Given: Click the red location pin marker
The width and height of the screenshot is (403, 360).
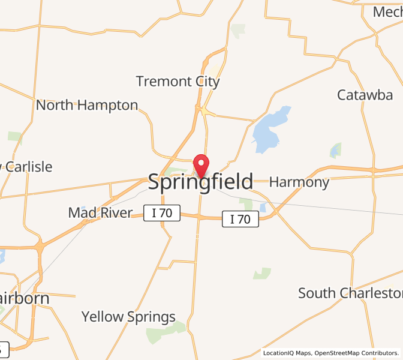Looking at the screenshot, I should tap(201, 164).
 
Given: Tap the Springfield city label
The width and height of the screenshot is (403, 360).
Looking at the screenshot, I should tap(200, 182).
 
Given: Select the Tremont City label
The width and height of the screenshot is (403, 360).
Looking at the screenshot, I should tap(178, 81).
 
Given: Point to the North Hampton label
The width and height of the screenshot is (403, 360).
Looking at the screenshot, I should tap(87, 105).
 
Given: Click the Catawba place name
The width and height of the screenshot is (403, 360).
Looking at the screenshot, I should tap(365, 95).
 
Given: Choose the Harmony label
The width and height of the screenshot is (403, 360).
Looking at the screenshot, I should tap(299, 182).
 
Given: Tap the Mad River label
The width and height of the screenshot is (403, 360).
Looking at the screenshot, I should tap(100, 212).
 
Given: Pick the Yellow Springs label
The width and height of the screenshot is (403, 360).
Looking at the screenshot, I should tap(128, 316).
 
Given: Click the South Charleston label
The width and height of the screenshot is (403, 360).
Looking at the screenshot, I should tap(350, 293).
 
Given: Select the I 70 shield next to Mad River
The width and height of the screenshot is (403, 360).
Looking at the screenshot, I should tap(162, 212).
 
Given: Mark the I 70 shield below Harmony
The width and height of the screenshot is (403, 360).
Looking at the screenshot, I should tap(240, 219).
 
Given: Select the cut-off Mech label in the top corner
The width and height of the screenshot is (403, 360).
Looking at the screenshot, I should tap(387, 12).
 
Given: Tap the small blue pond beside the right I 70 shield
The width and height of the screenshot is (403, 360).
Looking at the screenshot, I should tap(263, 208).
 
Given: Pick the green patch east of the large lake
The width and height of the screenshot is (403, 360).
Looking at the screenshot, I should tap(336, 150).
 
